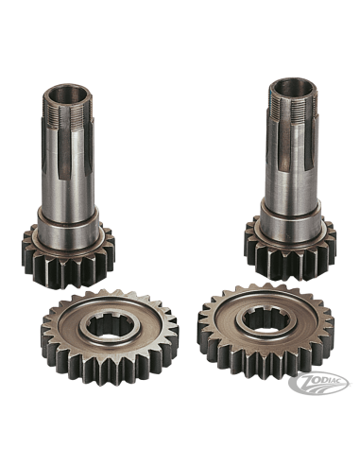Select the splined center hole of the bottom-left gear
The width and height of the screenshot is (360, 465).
[x=107, y=327]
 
